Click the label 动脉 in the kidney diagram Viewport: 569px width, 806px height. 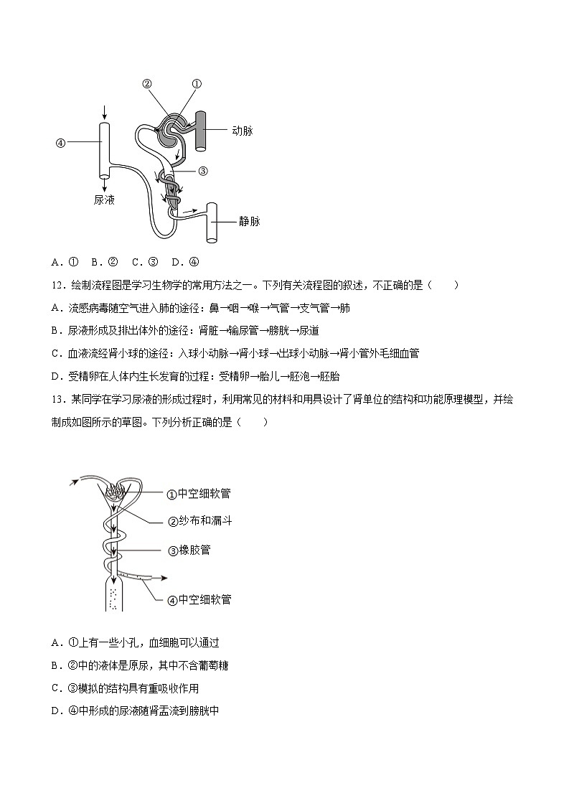point(243,131)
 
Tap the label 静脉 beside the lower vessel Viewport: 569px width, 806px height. point(249,221)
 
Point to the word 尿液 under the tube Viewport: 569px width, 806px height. point(104,200)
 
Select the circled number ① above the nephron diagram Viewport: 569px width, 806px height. point(197,84)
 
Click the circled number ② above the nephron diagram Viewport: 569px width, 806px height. point(147,84)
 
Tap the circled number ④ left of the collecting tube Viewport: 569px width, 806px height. point(60,142)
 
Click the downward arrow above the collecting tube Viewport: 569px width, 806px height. point(105,112)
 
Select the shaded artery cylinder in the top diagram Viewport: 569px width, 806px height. point(201,131)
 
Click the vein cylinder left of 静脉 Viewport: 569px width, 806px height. point(212,222)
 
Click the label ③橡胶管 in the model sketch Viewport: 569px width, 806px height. point(189,550)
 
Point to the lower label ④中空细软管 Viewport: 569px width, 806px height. point(199,599)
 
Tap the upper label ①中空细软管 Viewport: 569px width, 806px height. point(199,494)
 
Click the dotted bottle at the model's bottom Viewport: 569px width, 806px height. point(113,594)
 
